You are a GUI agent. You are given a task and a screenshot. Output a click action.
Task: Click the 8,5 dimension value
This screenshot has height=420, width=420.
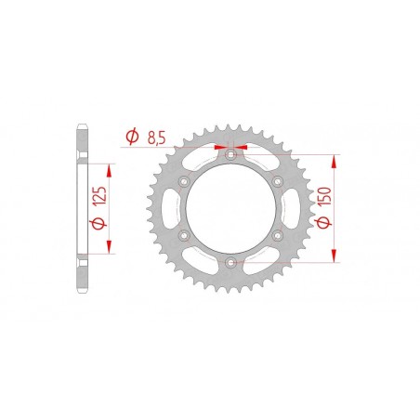tap(157, 138)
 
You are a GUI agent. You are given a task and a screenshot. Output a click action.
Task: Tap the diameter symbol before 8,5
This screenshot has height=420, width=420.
tap(132, 137)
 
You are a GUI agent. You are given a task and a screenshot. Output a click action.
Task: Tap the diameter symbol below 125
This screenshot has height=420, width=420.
tap(98, 223)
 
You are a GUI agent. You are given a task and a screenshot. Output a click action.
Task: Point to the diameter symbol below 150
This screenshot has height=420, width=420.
tap(323, 222)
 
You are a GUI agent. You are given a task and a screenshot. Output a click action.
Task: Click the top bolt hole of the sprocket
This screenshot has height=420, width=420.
tap(230, 154)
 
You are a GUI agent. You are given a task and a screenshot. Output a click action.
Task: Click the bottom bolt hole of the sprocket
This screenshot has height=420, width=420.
tap(230, 263)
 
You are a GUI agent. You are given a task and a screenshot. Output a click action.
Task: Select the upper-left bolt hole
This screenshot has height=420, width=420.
tap(184, 181)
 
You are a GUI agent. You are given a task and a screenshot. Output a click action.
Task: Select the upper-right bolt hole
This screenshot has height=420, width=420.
tap(277, 181)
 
